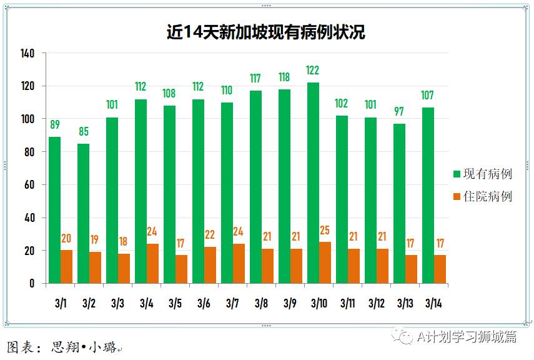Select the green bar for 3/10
pyautogui.click(x=313, y=183)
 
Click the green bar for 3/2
pyautogui.click(x=83, y=213)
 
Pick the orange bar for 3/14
pyautogui.click(x=440, y=269)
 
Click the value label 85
pyautogui.click(x=83, y=132)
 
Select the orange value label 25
pyautogui.click(x=325, y=231)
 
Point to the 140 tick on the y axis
pyautogui.click(x=27, y=54)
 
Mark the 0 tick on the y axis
pyautogui.click(x=32, y=284)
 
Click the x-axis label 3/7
pyautogui.click(x=232, y=304)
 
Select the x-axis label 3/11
pyautogui.click(x=347, y=304)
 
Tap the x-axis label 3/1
pyautogui.click(x=60, y=304)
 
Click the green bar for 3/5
pyautogui.click(x=169, y=194)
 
